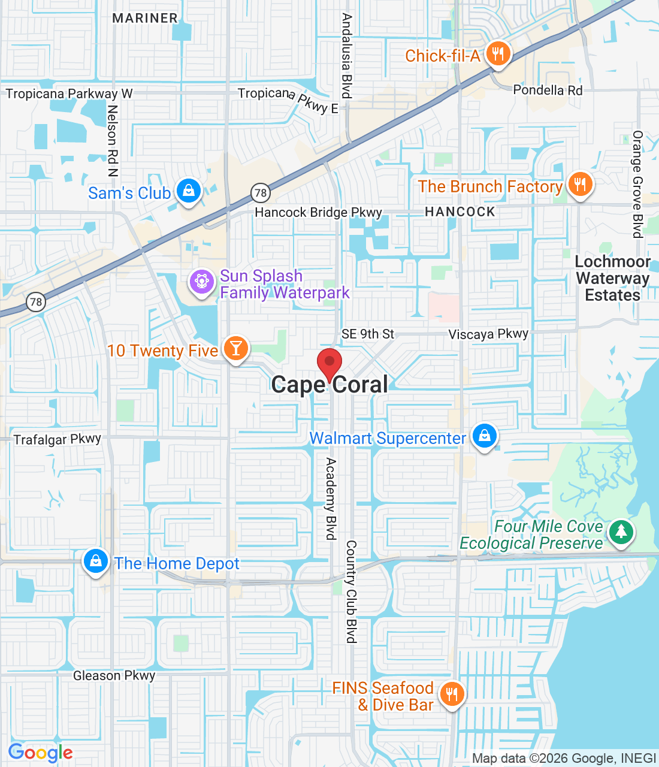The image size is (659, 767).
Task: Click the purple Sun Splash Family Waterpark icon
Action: (202, 282)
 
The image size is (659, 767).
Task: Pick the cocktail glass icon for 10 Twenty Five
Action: (236, 349)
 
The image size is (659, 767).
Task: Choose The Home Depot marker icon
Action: (96, 561)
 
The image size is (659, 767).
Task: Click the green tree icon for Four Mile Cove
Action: (621, 532)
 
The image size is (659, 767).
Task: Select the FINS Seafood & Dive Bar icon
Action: (452, 694)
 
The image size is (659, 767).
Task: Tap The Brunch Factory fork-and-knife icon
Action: (579, 185)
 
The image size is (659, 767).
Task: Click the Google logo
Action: (41, 753)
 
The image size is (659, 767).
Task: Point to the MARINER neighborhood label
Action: (145, 18)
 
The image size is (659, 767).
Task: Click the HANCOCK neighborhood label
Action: (460, 212)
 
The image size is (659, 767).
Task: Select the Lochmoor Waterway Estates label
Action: (612, 279)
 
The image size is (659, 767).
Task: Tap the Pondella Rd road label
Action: (548, 90)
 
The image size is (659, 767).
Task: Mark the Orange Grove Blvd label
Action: (638, 185)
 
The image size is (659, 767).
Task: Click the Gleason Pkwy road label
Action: (114, 675)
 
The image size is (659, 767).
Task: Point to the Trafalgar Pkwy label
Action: (58, 439)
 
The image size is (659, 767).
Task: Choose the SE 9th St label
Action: (368, 334)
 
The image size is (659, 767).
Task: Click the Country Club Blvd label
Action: (351, 592)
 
